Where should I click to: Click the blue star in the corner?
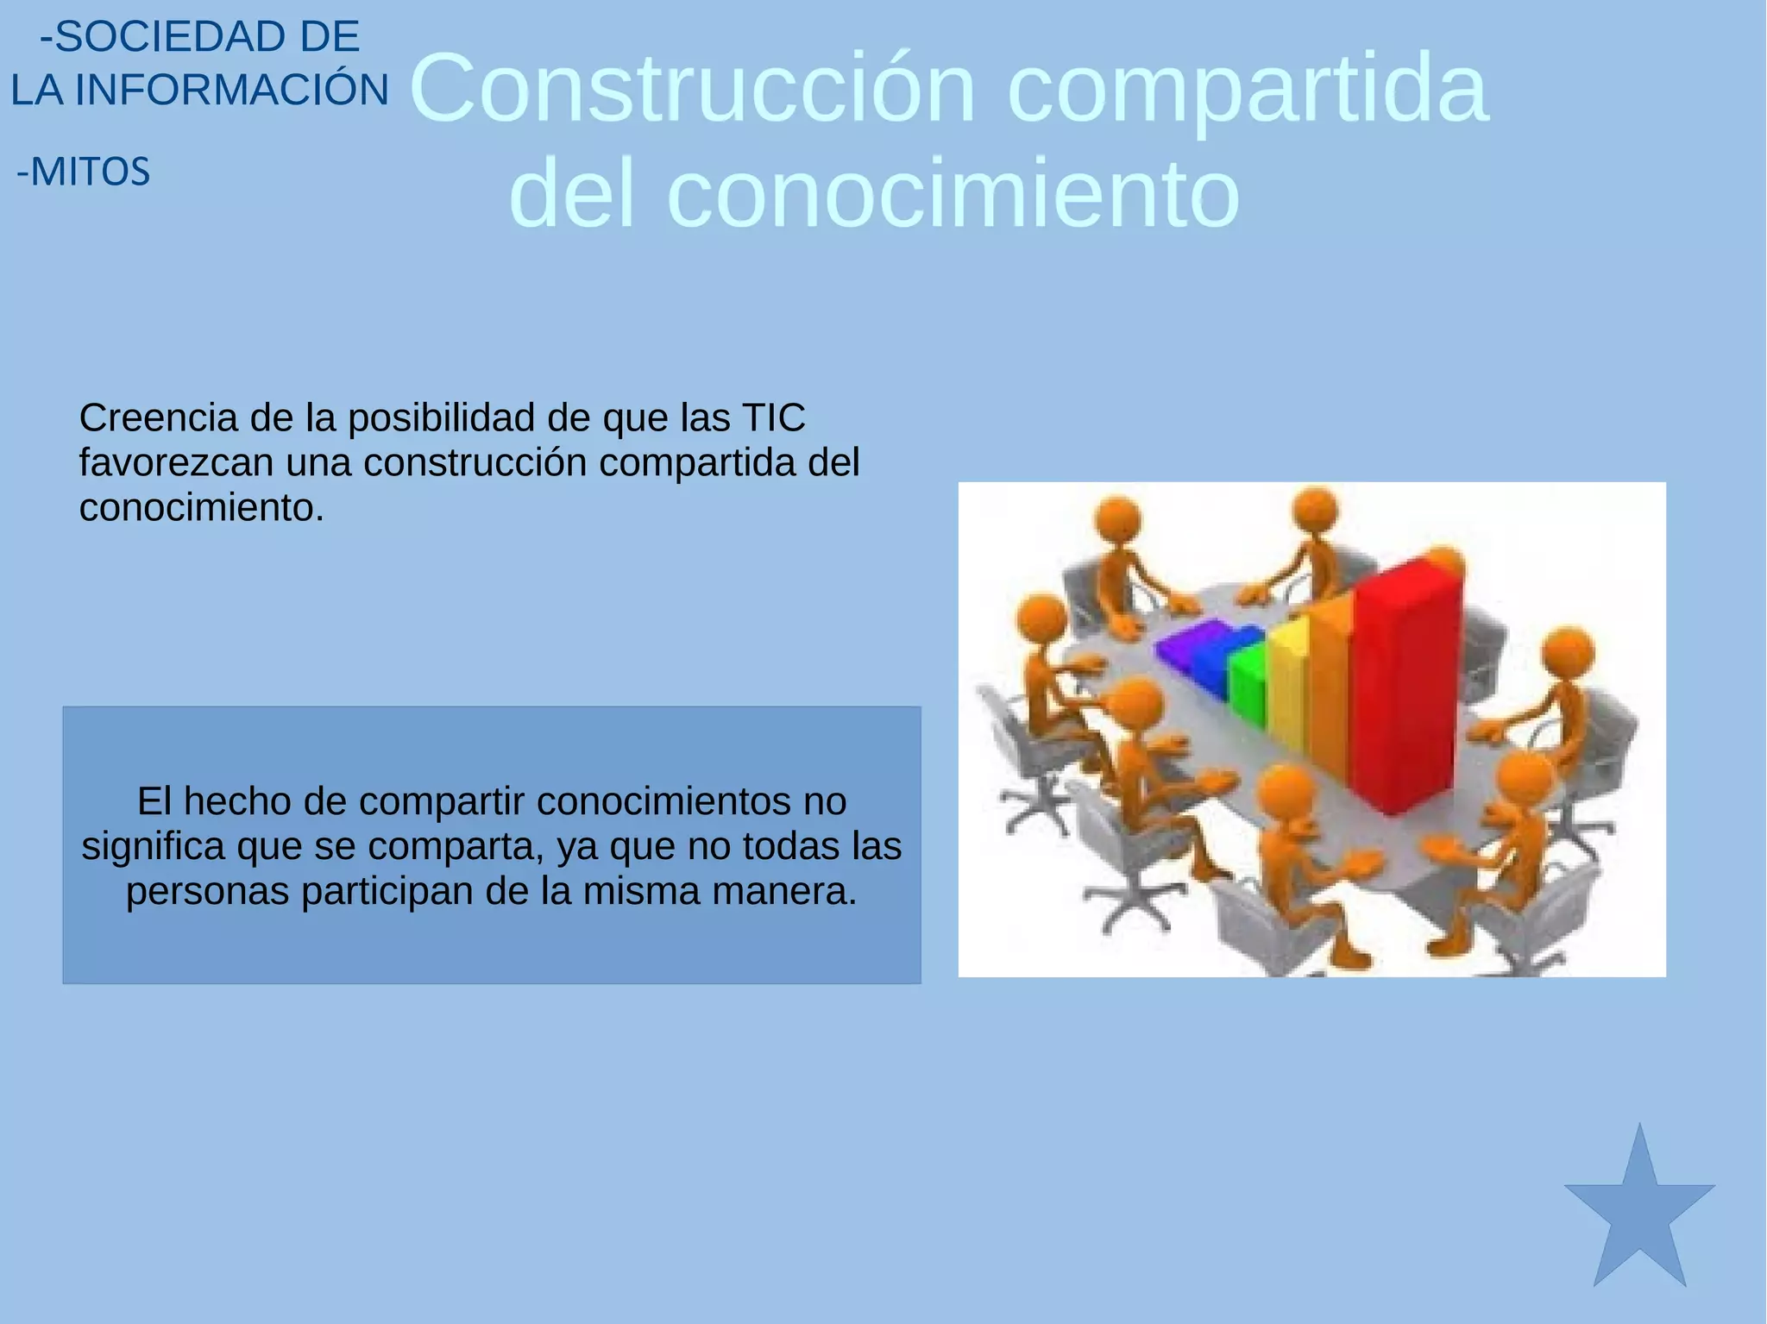coord(1639,1216)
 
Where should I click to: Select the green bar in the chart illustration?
coord(1248,686)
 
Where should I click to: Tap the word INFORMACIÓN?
coord(232,91)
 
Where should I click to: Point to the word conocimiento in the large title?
coord(953,193)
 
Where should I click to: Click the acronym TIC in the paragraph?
coord(773,418)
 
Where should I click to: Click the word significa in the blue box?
coord(154,847)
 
